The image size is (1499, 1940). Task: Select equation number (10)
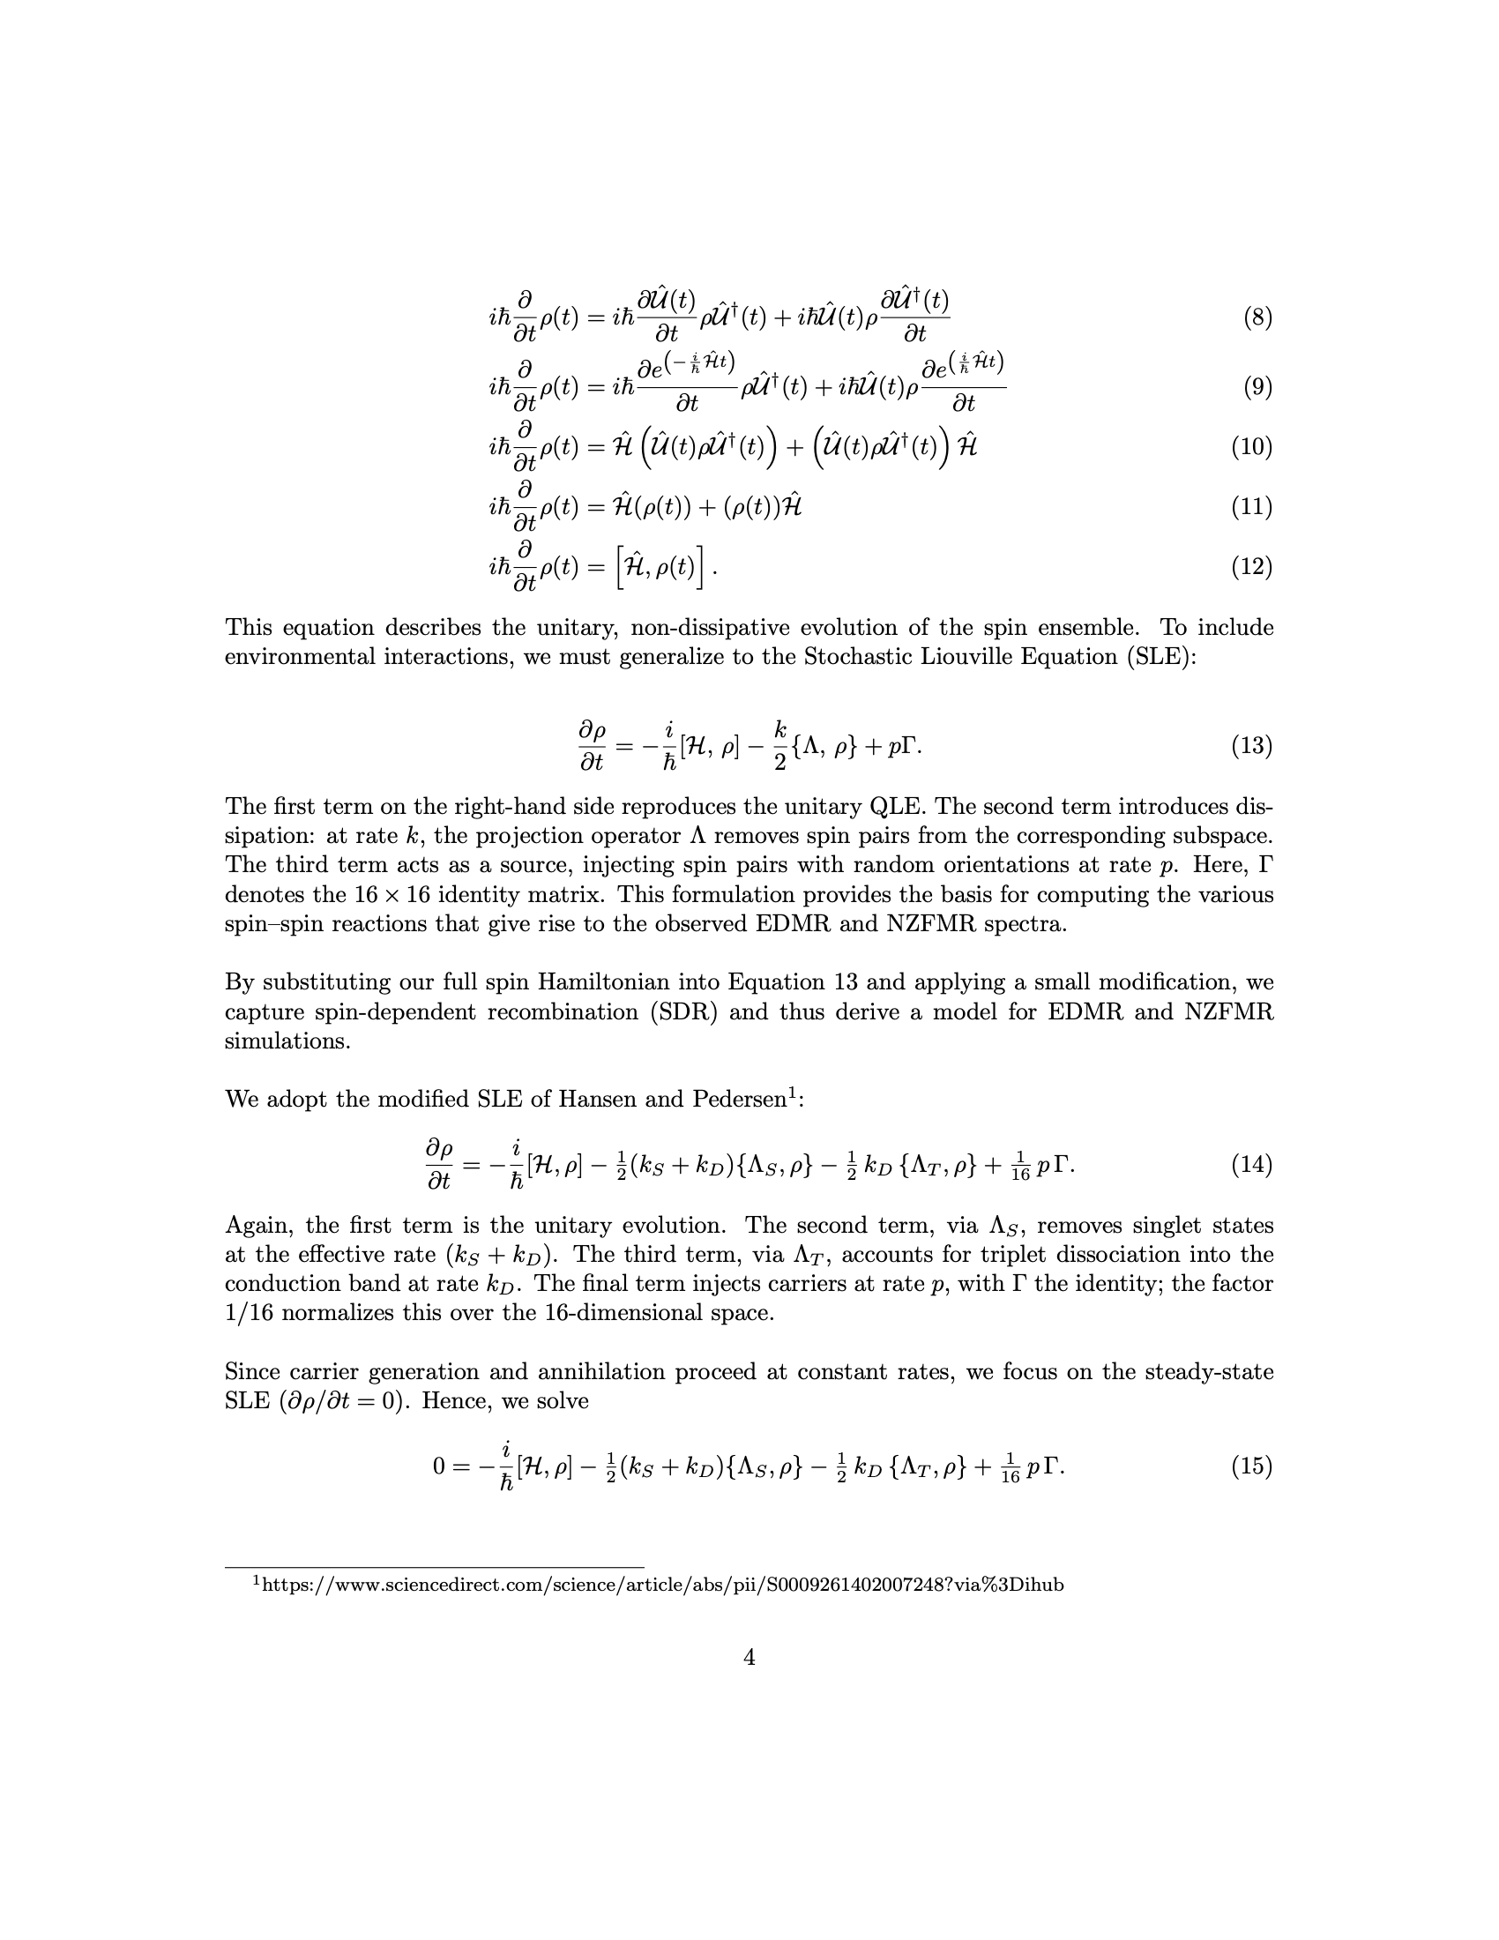1251,446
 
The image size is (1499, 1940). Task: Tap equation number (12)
1251,566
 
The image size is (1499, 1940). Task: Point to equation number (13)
1251,745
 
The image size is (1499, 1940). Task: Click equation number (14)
1251,1164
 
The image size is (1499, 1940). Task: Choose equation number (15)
1251,1466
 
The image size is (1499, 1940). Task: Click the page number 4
749,1658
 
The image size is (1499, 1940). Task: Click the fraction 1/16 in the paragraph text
251,1313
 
